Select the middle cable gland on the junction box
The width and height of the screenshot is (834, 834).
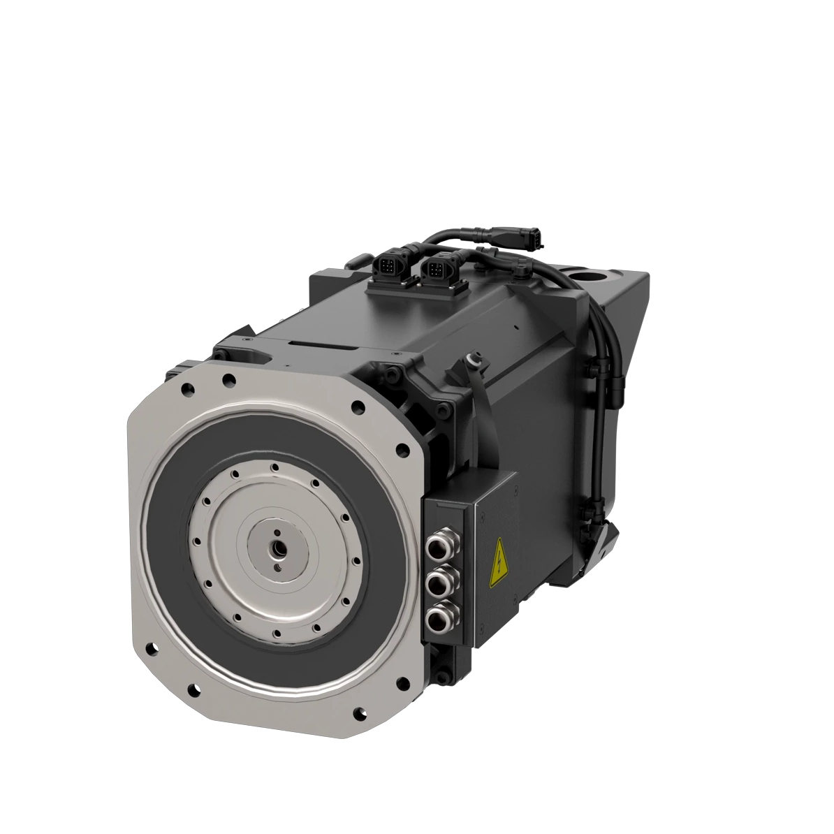coord(438,583)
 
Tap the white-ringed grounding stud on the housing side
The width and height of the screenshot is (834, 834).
coord(473,359)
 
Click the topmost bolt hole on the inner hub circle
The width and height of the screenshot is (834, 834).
coord(276,468)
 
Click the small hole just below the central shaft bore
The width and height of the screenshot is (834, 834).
coord(279,567)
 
